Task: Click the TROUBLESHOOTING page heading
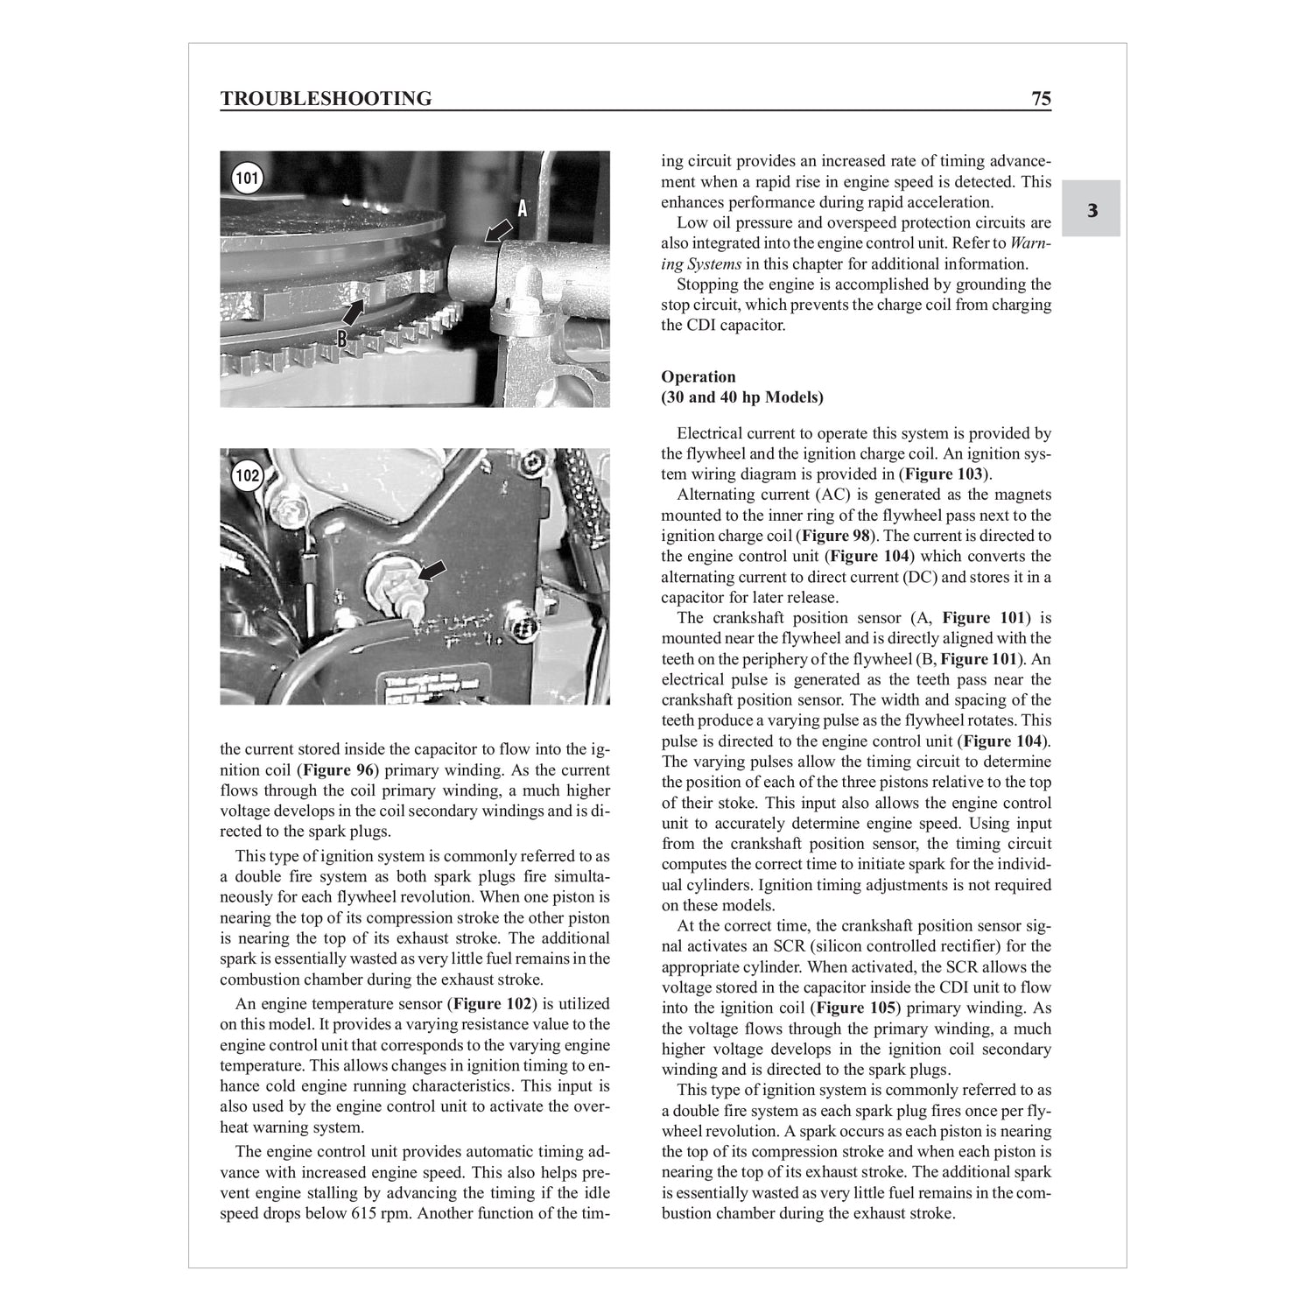(326, 98)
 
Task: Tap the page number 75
(1041, 98)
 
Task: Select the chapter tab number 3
(1092, 210)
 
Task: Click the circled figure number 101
(248, 179)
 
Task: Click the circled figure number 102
(248, 476)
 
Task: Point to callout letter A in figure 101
(523, 208)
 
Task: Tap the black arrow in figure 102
(432, 571)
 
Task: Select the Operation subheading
(698, 377)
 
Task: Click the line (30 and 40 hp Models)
(742, 397)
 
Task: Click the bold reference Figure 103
(945, 474)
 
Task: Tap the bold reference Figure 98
(838, 536)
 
